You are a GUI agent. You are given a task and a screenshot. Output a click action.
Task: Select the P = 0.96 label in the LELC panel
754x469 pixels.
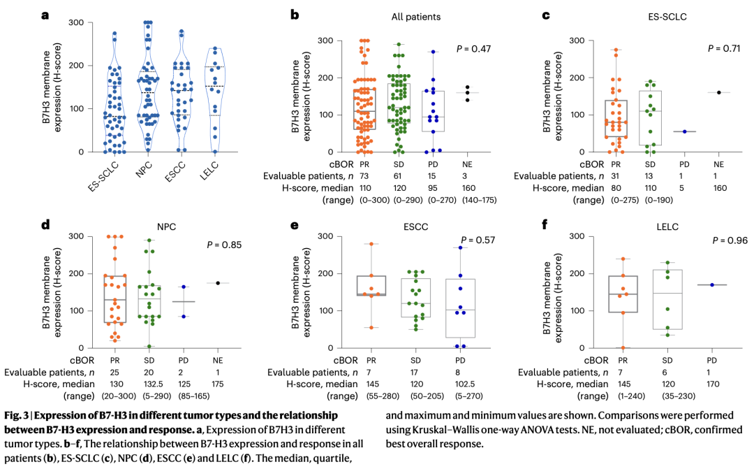coord(728,240)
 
